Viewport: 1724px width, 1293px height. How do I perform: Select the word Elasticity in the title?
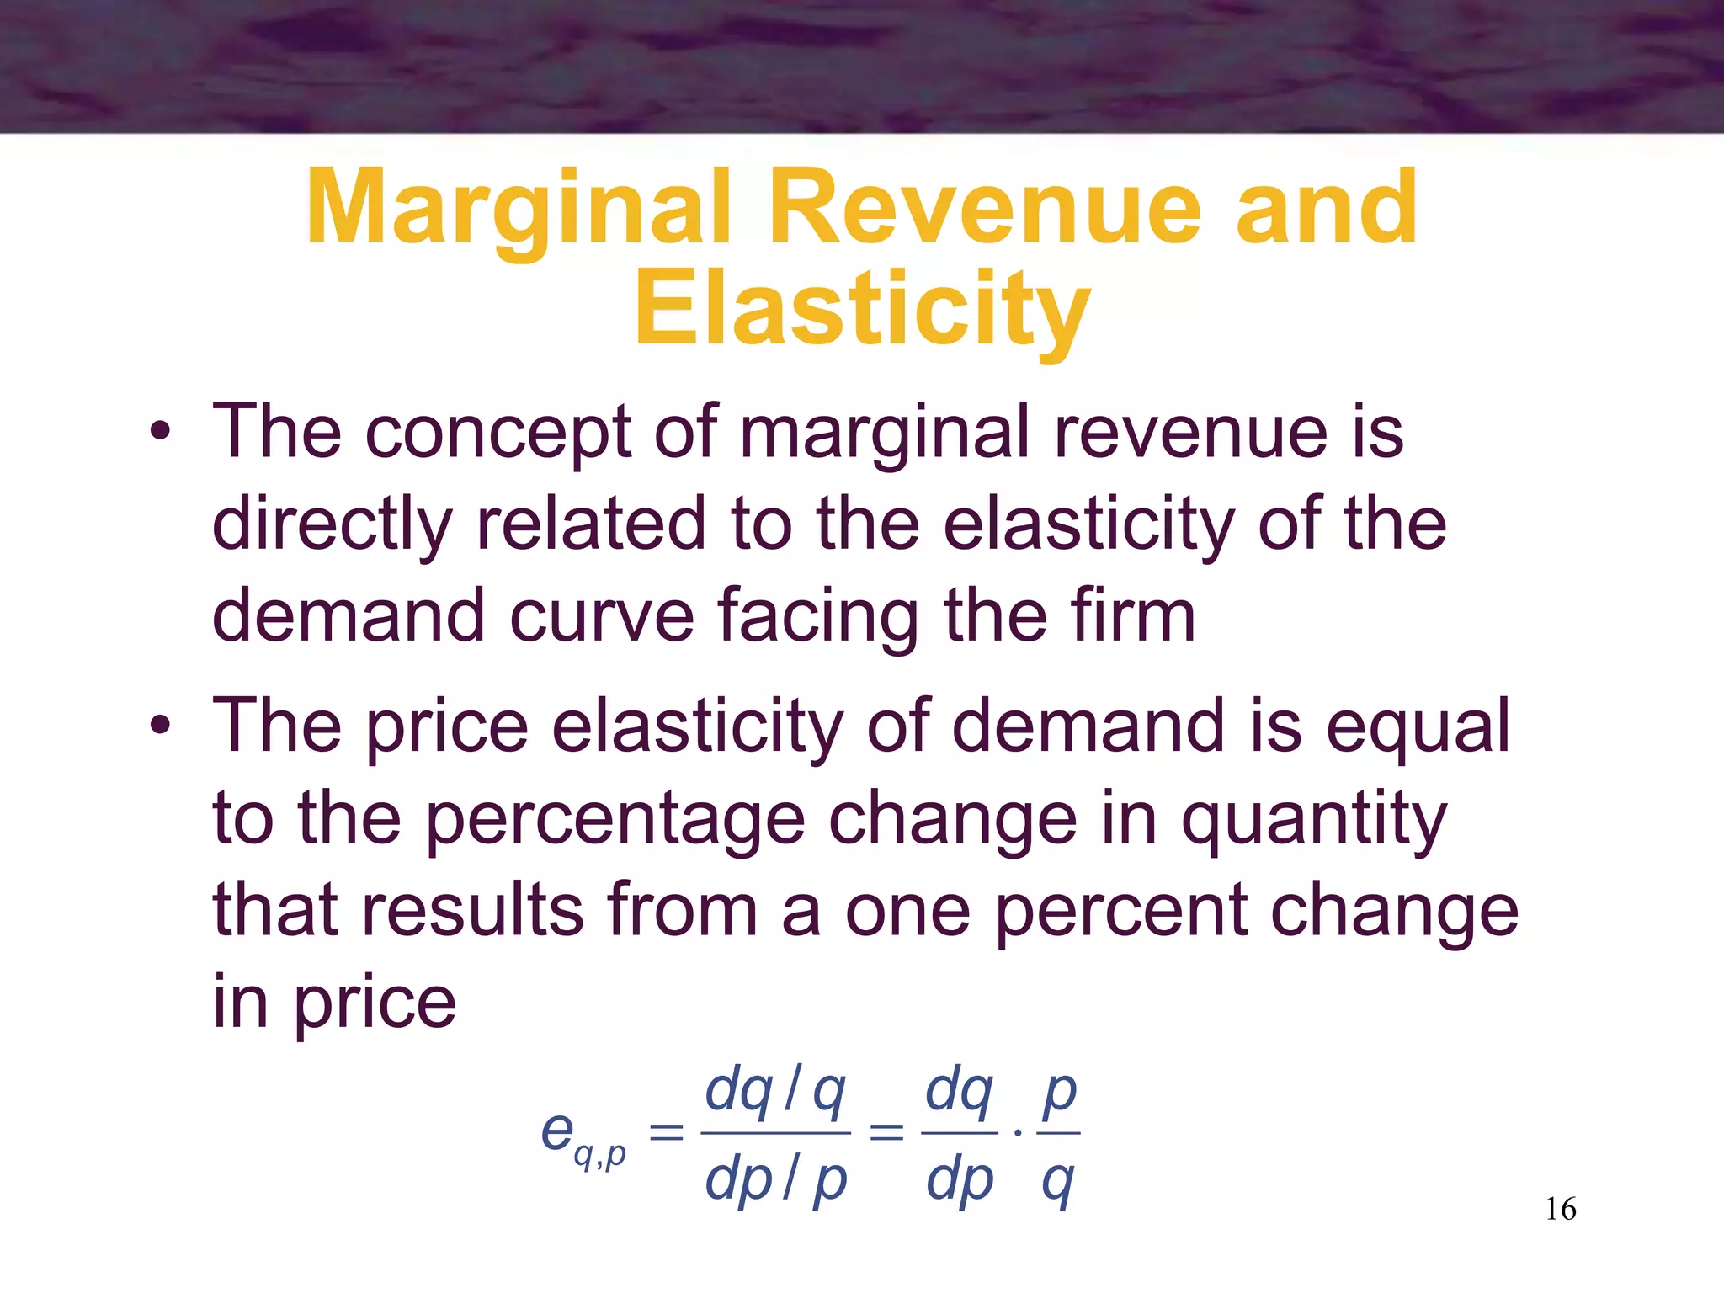pos(862,310)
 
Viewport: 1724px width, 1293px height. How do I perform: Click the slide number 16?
pos(1561,1210)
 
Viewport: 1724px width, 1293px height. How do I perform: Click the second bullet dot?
pos(160,726)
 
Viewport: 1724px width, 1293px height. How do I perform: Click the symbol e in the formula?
pos(557,1130)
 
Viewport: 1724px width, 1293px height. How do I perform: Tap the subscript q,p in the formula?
pos(599,1157)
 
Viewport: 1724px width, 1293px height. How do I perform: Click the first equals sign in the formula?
pos(667,1132)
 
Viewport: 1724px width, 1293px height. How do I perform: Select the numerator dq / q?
pos(775,1091)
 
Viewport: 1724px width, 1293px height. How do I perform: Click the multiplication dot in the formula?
pos(1018,1133)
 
